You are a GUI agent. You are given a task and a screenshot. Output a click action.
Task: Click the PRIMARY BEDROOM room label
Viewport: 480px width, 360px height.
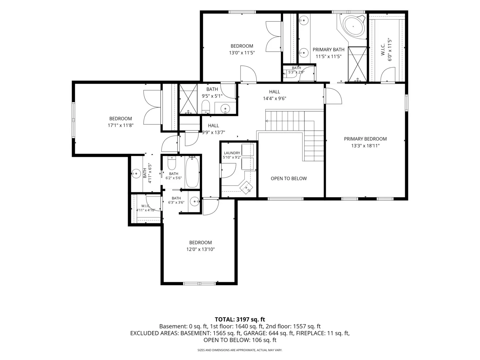tap(365, 139)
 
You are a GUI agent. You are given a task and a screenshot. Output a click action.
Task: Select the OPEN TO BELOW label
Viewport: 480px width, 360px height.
tap(288, 178)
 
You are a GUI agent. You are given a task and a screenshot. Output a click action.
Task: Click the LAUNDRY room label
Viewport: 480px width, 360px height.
tap(232, 153)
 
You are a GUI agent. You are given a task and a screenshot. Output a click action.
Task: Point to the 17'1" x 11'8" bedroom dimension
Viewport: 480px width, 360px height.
tap(120, 125)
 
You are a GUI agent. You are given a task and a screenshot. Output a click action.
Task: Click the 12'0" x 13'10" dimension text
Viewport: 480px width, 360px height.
tap(200, 249)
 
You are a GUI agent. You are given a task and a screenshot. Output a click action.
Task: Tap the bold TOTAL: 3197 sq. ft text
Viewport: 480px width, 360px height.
tap(240, 319)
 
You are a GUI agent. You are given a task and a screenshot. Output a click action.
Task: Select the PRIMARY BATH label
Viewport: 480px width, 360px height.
tap(328, 50)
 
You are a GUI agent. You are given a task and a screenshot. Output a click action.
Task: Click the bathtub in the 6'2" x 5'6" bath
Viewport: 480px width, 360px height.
tap(192, 172)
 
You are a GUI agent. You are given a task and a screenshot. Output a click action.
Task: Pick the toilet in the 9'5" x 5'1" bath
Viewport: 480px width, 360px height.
tap(205, 107)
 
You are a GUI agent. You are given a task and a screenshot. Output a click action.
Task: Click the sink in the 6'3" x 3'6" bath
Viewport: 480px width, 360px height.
tap(194, 201)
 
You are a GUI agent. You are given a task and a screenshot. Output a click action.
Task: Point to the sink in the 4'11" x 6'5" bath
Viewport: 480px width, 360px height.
tap(136, 174)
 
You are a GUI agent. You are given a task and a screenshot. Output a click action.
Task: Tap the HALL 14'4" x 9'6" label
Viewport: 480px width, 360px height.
tap(274, 95)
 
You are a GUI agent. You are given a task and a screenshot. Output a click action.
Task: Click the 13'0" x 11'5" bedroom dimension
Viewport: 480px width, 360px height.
tap(242, 53)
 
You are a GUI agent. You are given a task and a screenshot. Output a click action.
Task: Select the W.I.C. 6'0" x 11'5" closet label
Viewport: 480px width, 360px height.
tap(386, 50)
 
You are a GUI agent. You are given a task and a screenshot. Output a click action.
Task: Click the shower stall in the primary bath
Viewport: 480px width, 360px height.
tap(357, 64)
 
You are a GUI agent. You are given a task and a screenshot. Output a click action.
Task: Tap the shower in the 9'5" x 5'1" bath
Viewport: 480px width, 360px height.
tap(188, 99)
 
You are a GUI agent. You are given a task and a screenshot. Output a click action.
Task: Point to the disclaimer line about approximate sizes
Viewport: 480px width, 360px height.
tap(240, 350)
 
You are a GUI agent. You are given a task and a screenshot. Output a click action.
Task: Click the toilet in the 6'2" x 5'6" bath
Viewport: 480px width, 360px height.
tap(172, 163)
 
